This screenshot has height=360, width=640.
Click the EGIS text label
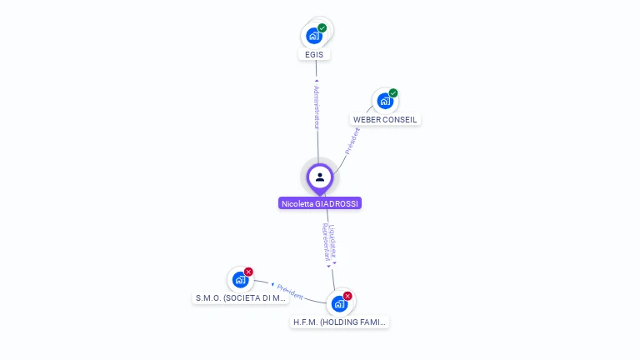click(314, 54)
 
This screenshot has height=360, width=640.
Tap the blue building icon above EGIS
click(313, 35)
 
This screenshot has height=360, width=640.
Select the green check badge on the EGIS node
click(322, 28)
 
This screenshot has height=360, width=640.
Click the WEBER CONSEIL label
click(385, 119)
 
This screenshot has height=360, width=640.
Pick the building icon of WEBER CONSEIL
click(384, 101)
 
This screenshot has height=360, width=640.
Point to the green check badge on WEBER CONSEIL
click(393, 93)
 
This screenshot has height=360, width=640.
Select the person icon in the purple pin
click(320, 177)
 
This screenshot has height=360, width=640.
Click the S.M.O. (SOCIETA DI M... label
click(241, 297)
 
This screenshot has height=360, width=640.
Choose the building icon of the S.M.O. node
click(240, 280)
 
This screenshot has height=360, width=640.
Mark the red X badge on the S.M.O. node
click(248, 272)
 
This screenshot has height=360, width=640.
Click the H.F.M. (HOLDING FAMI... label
click(340, 322)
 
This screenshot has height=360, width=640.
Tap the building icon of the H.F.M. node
click(338, 304)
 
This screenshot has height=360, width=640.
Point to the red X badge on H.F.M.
click(347, 296)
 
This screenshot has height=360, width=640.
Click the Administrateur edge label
click(317, 106)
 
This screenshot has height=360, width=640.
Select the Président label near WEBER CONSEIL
click(352, 141)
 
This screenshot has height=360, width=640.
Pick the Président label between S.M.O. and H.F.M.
click(290, 292)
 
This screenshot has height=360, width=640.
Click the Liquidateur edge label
click(332, 239)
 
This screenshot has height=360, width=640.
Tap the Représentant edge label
click(326, 241)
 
